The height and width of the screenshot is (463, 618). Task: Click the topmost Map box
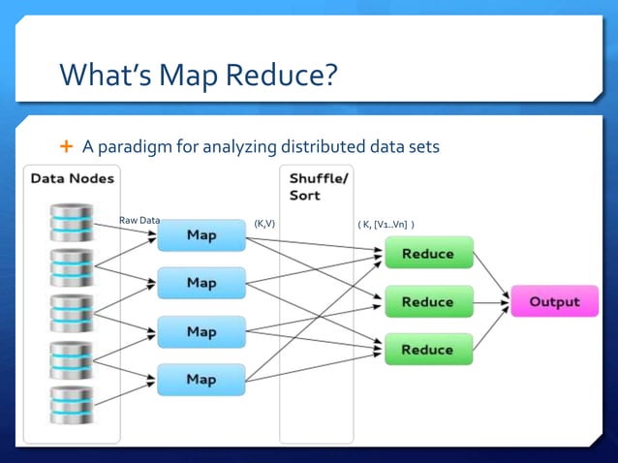pos(201,235)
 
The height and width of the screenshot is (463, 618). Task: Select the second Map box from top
pos(201,283)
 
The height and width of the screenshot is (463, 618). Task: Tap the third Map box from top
pos(201,331)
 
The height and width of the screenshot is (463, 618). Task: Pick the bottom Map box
pos(201,379)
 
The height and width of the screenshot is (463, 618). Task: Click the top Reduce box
pos(428,253)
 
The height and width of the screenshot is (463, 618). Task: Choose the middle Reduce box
pos(428,301)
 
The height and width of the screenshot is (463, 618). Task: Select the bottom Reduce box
pos(428,349)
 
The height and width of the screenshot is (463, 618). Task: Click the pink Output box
pos(555,301)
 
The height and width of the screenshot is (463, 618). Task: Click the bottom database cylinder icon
pos(72,406)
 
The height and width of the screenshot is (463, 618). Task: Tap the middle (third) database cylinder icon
pos(72,314)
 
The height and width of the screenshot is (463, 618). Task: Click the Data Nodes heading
pos(72,178)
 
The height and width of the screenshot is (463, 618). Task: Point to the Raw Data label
pos(139,221)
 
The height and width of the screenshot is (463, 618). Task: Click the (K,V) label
pos(264,224)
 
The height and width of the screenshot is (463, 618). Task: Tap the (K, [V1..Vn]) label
pos(386,225)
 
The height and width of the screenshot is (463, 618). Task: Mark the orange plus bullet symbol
pos(67,146)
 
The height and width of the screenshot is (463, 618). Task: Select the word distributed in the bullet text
pos(324,146)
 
